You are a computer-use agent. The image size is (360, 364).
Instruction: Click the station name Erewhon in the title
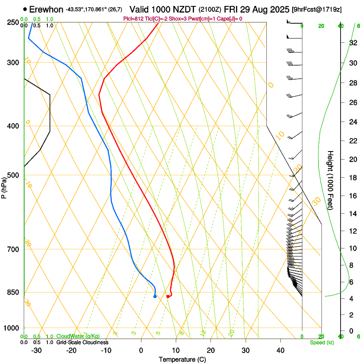click(x=46, y=9)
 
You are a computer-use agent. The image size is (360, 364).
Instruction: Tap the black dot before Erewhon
click(x=25, y=9)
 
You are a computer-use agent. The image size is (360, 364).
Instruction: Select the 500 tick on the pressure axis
click(x=13, y=175)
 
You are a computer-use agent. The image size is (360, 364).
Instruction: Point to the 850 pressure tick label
click(x=13, y=292)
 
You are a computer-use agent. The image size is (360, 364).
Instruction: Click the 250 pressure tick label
click(x=13, y=22)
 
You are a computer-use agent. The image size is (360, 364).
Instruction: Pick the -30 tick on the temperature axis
click(x=36, y=350)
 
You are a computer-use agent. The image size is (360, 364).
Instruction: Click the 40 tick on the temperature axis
click(x=280, y=350)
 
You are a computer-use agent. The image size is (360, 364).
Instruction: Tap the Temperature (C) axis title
click(x=182, y=359)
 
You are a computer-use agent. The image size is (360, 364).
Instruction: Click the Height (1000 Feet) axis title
click(x=331, y=180)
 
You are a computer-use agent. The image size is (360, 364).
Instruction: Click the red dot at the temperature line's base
click(x=168, y=296)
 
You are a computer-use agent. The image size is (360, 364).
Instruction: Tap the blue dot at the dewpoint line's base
click(x=155, y=296)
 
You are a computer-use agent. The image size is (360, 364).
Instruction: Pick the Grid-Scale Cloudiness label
click(x=82, y=342)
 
